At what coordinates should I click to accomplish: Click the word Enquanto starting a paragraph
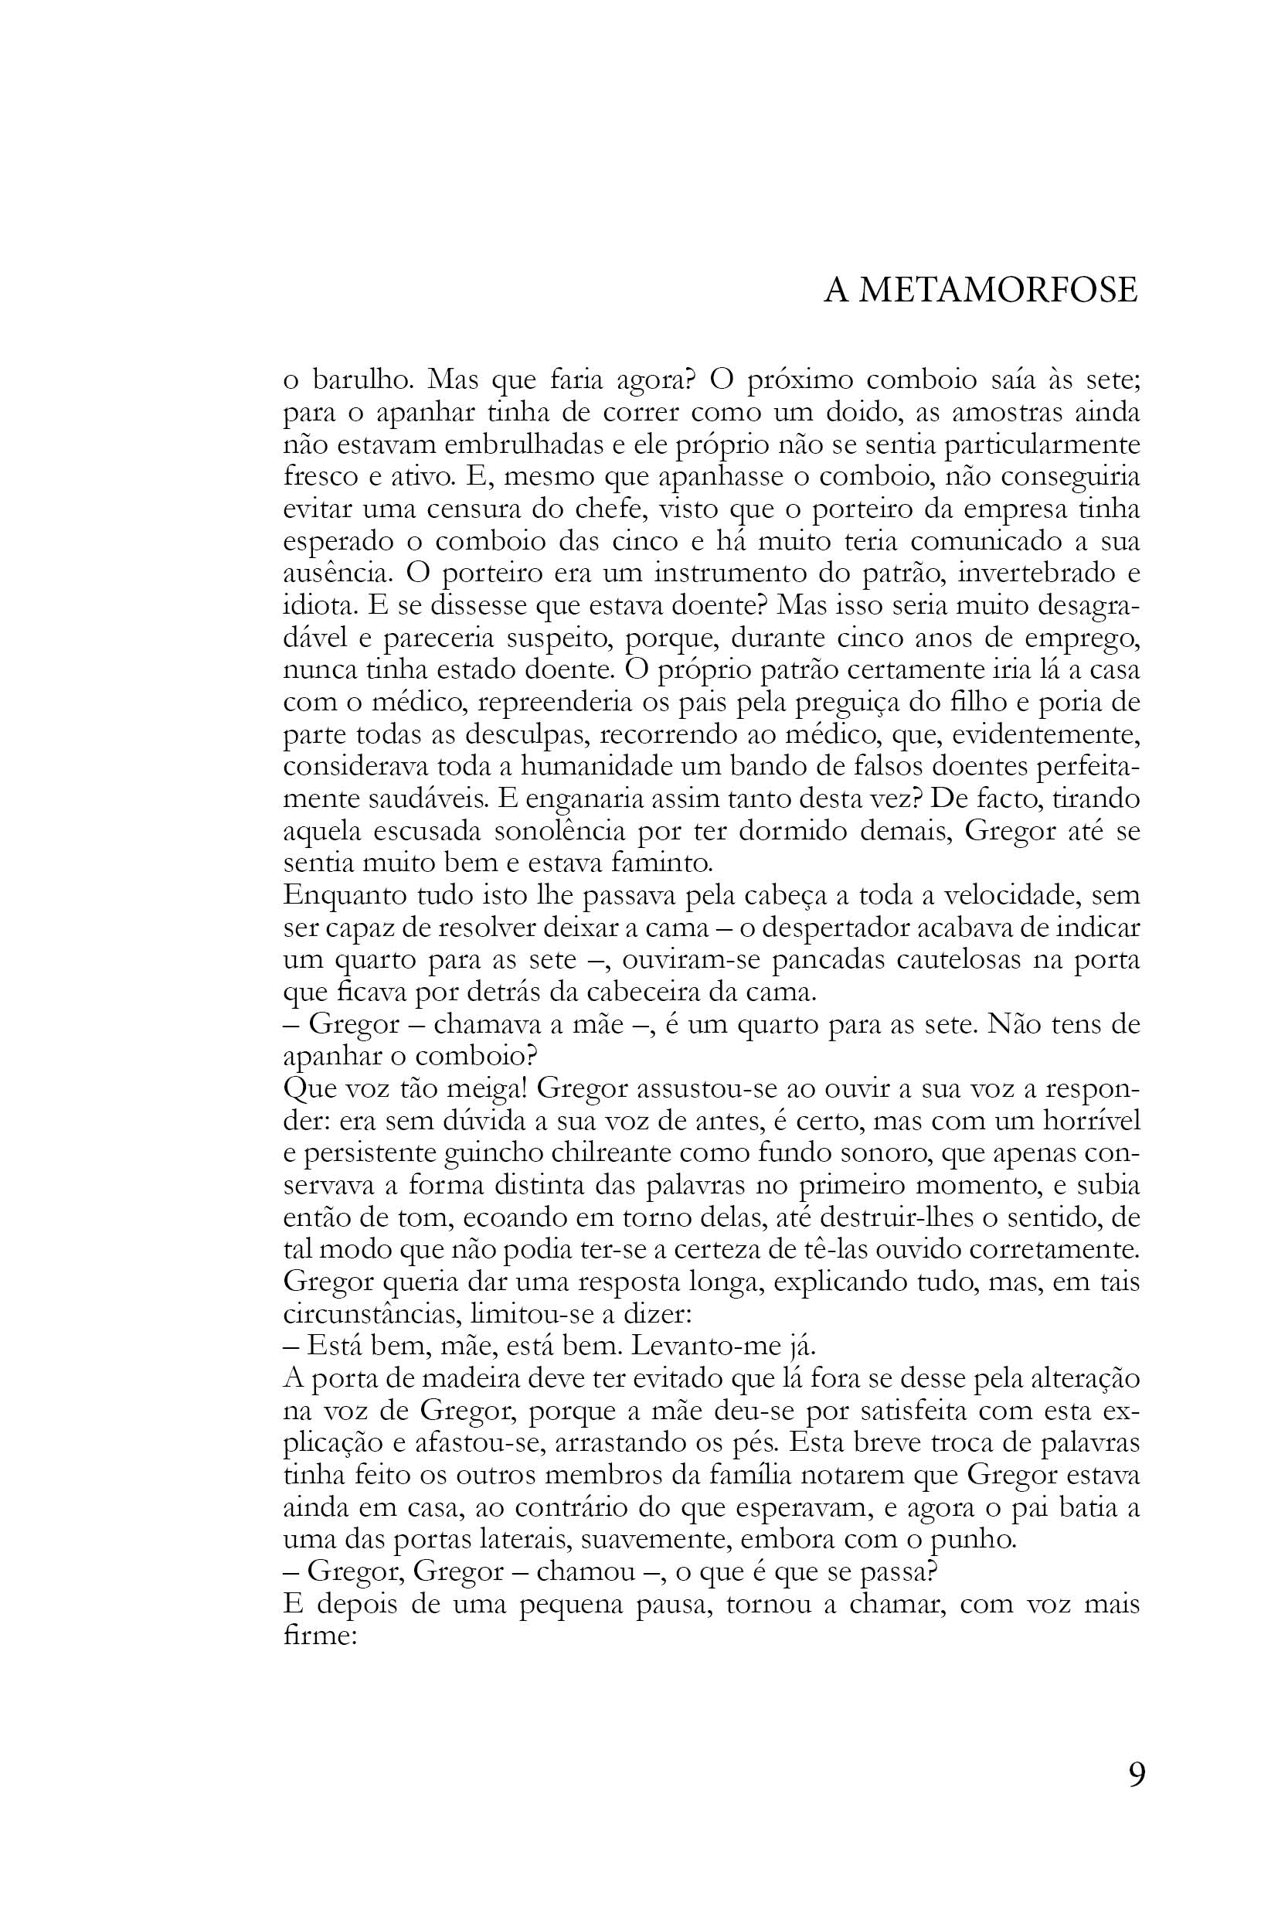pyautogui.click(x=342, y=896)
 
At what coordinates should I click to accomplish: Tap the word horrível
pyautogui.click(x=1090, y=1121)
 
